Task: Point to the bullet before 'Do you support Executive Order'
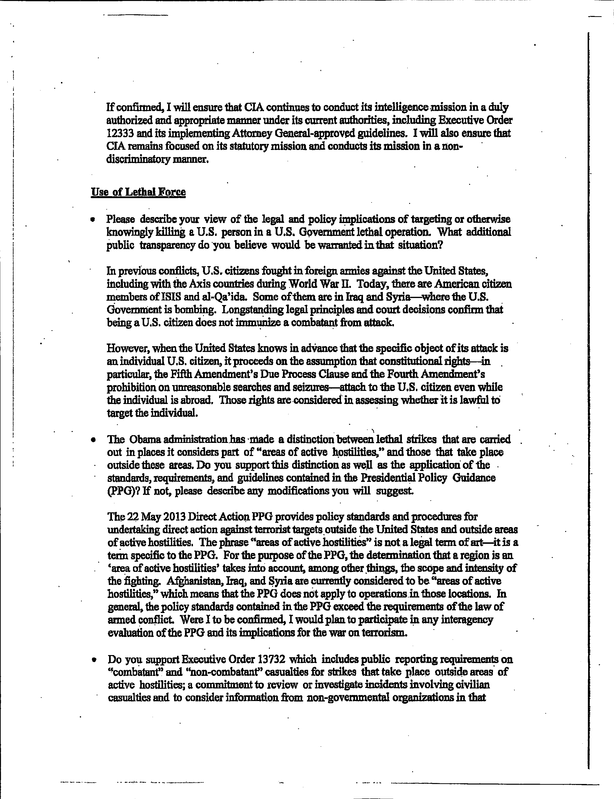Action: (x=95, y=660)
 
